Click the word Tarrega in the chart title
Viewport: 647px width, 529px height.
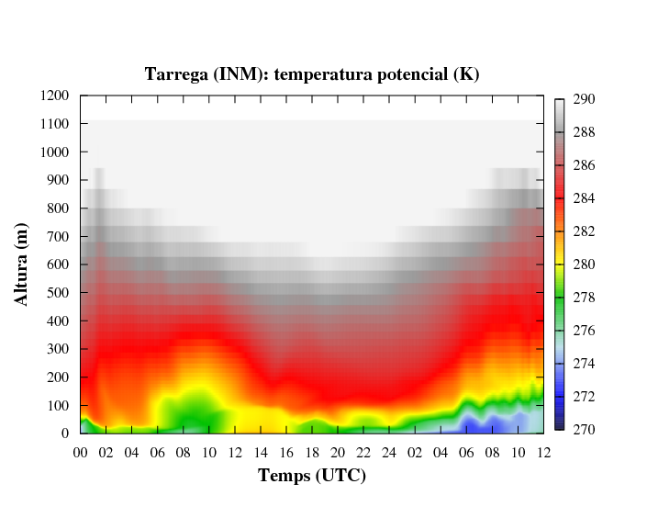(x=176, y=74)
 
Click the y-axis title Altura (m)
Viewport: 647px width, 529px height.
(x=25, y=264)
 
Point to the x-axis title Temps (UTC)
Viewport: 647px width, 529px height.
(x=312, y=476)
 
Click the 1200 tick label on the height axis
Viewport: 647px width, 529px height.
(x=55, y=96)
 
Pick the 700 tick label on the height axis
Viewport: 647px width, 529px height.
(x=59, y=236)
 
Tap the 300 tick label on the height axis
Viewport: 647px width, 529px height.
(x=59, y=349)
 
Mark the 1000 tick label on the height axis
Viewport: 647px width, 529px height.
(x=55, y=152)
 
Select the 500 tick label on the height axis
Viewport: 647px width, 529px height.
(x=59, y=293)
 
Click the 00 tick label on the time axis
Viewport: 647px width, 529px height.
(x=80, y=452)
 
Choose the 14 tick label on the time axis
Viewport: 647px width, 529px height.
(x=261, y=452)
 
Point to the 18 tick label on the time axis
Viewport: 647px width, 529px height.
(x=312, y=452)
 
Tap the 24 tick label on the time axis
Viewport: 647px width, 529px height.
(x=390, y=452)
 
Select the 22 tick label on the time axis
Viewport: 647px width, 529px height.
(x=364, y=452)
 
